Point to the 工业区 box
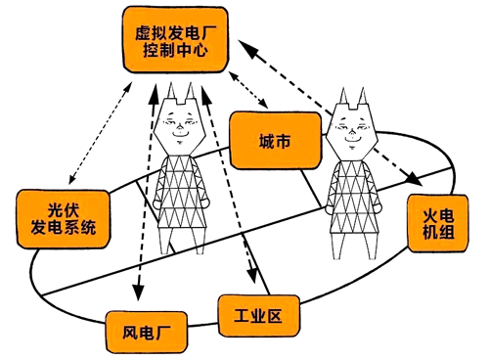[257, 315]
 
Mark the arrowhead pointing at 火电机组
[416, 180]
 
